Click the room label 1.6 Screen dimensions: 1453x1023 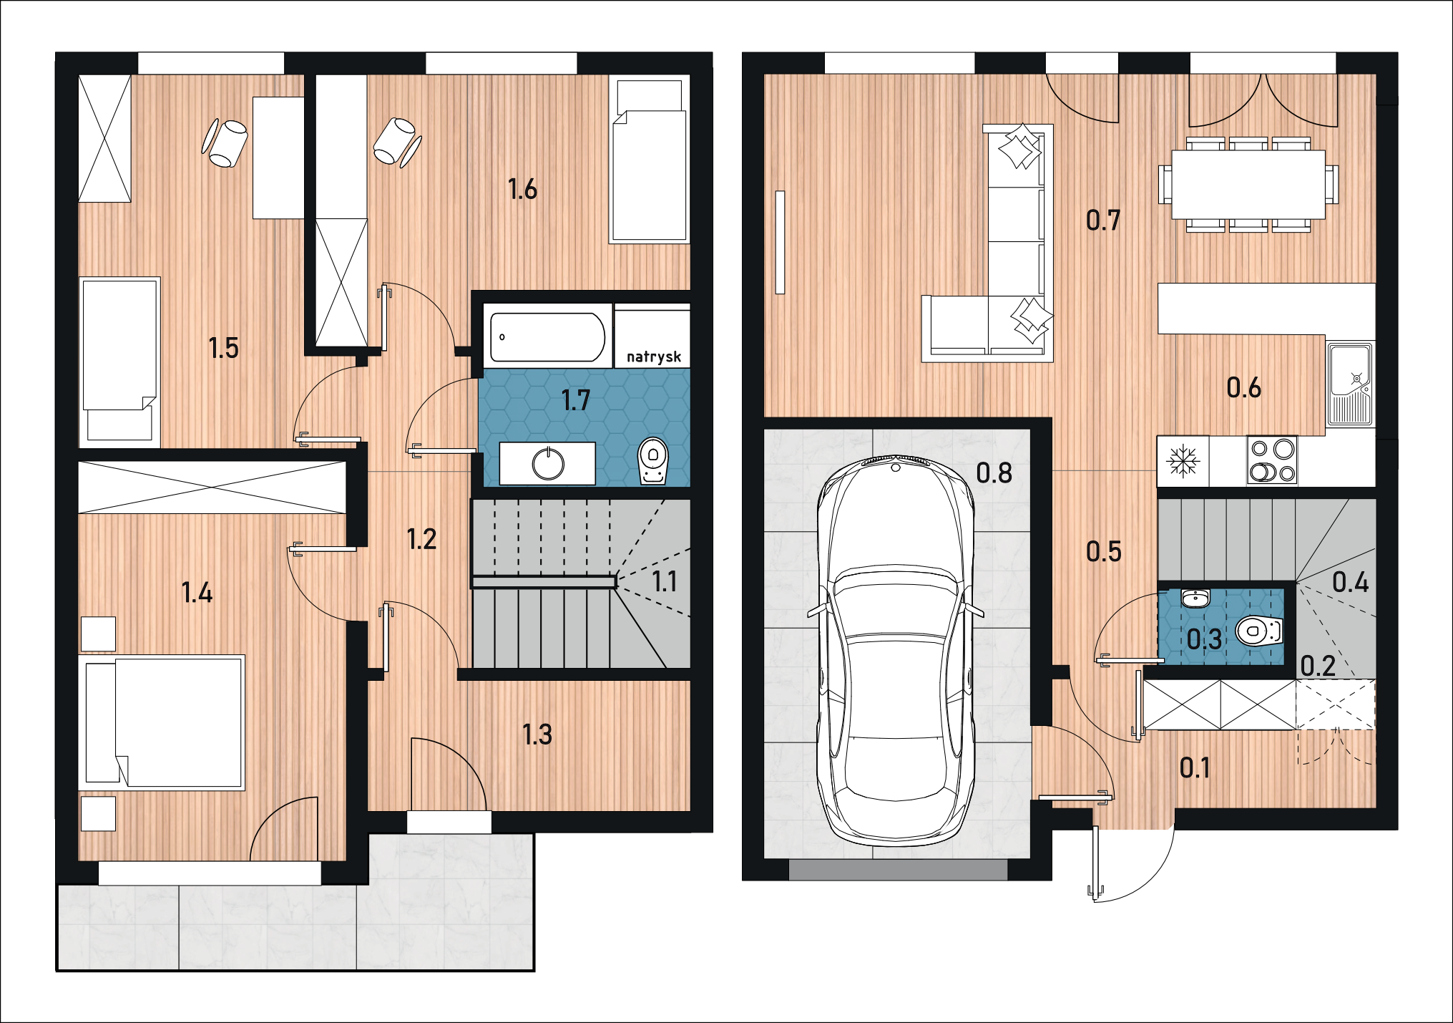click(522, 189)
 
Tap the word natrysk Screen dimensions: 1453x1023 click(654, 357)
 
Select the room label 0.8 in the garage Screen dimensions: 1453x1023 click(994, 472)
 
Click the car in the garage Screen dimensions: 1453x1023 click(896, 650)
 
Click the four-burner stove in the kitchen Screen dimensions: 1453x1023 click(1272, 460)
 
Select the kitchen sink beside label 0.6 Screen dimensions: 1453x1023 click(1351, 384)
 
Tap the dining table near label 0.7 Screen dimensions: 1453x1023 click(1248, 184)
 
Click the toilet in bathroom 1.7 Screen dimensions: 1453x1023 click(652, 461)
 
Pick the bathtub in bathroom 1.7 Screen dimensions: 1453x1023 click(548, 336)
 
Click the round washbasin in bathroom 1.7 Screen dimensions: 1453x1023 click(548, 464)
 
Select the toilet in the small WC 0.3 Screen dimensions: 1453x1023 click(1259, 631)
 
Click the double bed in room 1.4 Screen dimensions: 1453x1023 click(165, 722)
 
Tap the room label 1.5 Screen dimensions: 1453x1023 click(223, 348)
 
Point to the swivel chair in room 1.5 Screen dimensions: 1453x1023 click(225, 142)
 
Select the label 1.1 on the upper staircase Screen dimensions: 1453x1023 click(665, 581)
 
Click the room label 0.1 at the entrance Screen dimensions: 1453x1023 click(1195, 768)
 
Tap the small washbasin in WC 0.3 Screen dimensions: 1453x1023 click(1195, 598)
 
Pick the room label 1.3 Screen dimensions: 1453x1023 click(537, 734)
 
